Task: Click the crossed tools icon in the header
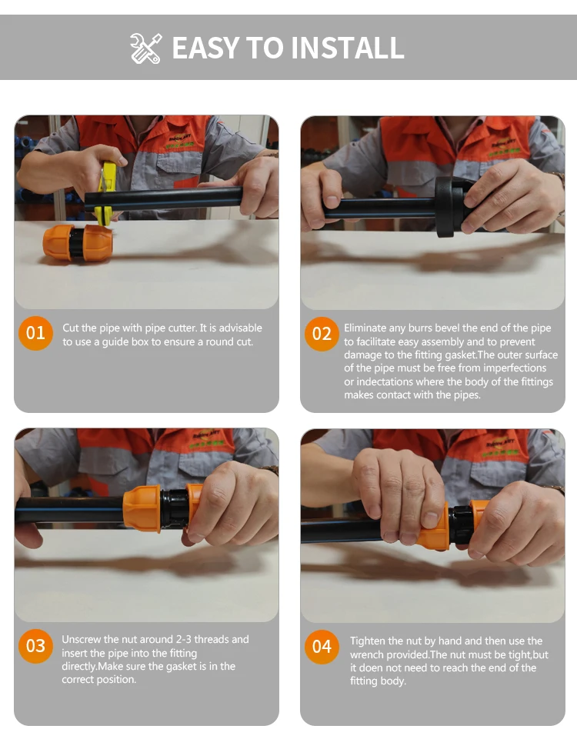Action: pyautogui.click(x=145, y=48)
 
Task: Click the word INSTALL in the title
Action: pyautogui.click(x=347, y=48)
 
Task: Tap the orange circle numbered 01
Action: pyautogui.click(x=35, y=333)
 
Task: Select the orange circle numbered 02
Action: pyautogui.click(x=322, y=334)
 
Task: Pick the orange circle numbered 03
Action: pyautogui.click(x=35, y=646)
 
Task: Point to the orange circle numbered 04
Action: pyautogui.click(x=322, y=647)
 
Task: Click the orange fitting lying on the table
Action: pyautogui.click(x=78, y=243)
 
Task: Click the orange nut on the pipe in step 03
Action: pyautogui.click(x=142, y=510)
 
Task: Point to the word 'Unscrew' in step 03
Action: pyautogui.click(x=81, y=640)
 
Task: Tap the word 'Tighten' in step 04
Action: pyautogui.click(x=369, y=641)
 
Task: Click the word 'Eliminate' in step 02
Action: pyautogui.click(x=365, y=328)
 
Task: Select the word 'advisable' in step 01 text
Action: pyautogui.click(x=240, y=328)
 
